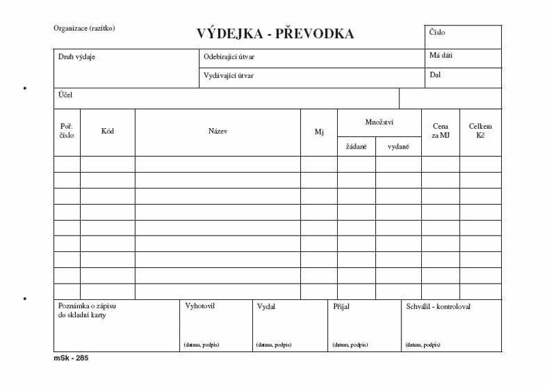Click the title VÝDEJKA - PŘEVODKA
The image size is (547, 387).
(275, 34)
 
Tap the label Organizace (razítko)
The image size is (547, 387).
(84, 28)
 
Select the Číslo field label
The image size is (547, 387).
(438, 32)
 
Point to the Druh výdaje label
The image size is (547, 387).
(77, 57)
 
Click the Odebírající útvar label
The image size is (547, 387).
(229, 57)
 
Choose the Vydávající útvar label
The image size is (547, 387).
(228, 75)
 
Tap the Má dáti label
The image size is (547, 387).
(441, 55)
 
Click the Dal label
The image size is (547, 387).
(435, 75)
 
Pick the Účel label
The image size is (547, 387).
(65, 95)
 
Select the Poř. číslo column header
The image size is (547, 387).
(67, 131)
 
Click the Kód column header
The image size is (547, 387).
(107, 131)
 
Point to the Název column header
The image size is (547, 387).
(217, 131)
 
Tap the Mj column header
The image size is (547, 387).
(319, 132)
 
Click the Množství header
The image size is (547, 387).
(379, 122)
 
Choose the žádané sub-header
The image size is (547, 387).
(356, 147)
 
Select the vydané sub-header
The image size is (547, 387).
(399, 147)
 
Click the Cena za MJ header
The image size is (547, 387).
(441, 131)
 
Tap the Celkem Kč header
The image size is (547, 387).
(480, 131)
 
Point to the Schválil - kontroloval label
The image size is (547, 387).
(438, 307)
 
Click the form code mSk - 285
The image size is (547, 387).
(71, 358)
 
